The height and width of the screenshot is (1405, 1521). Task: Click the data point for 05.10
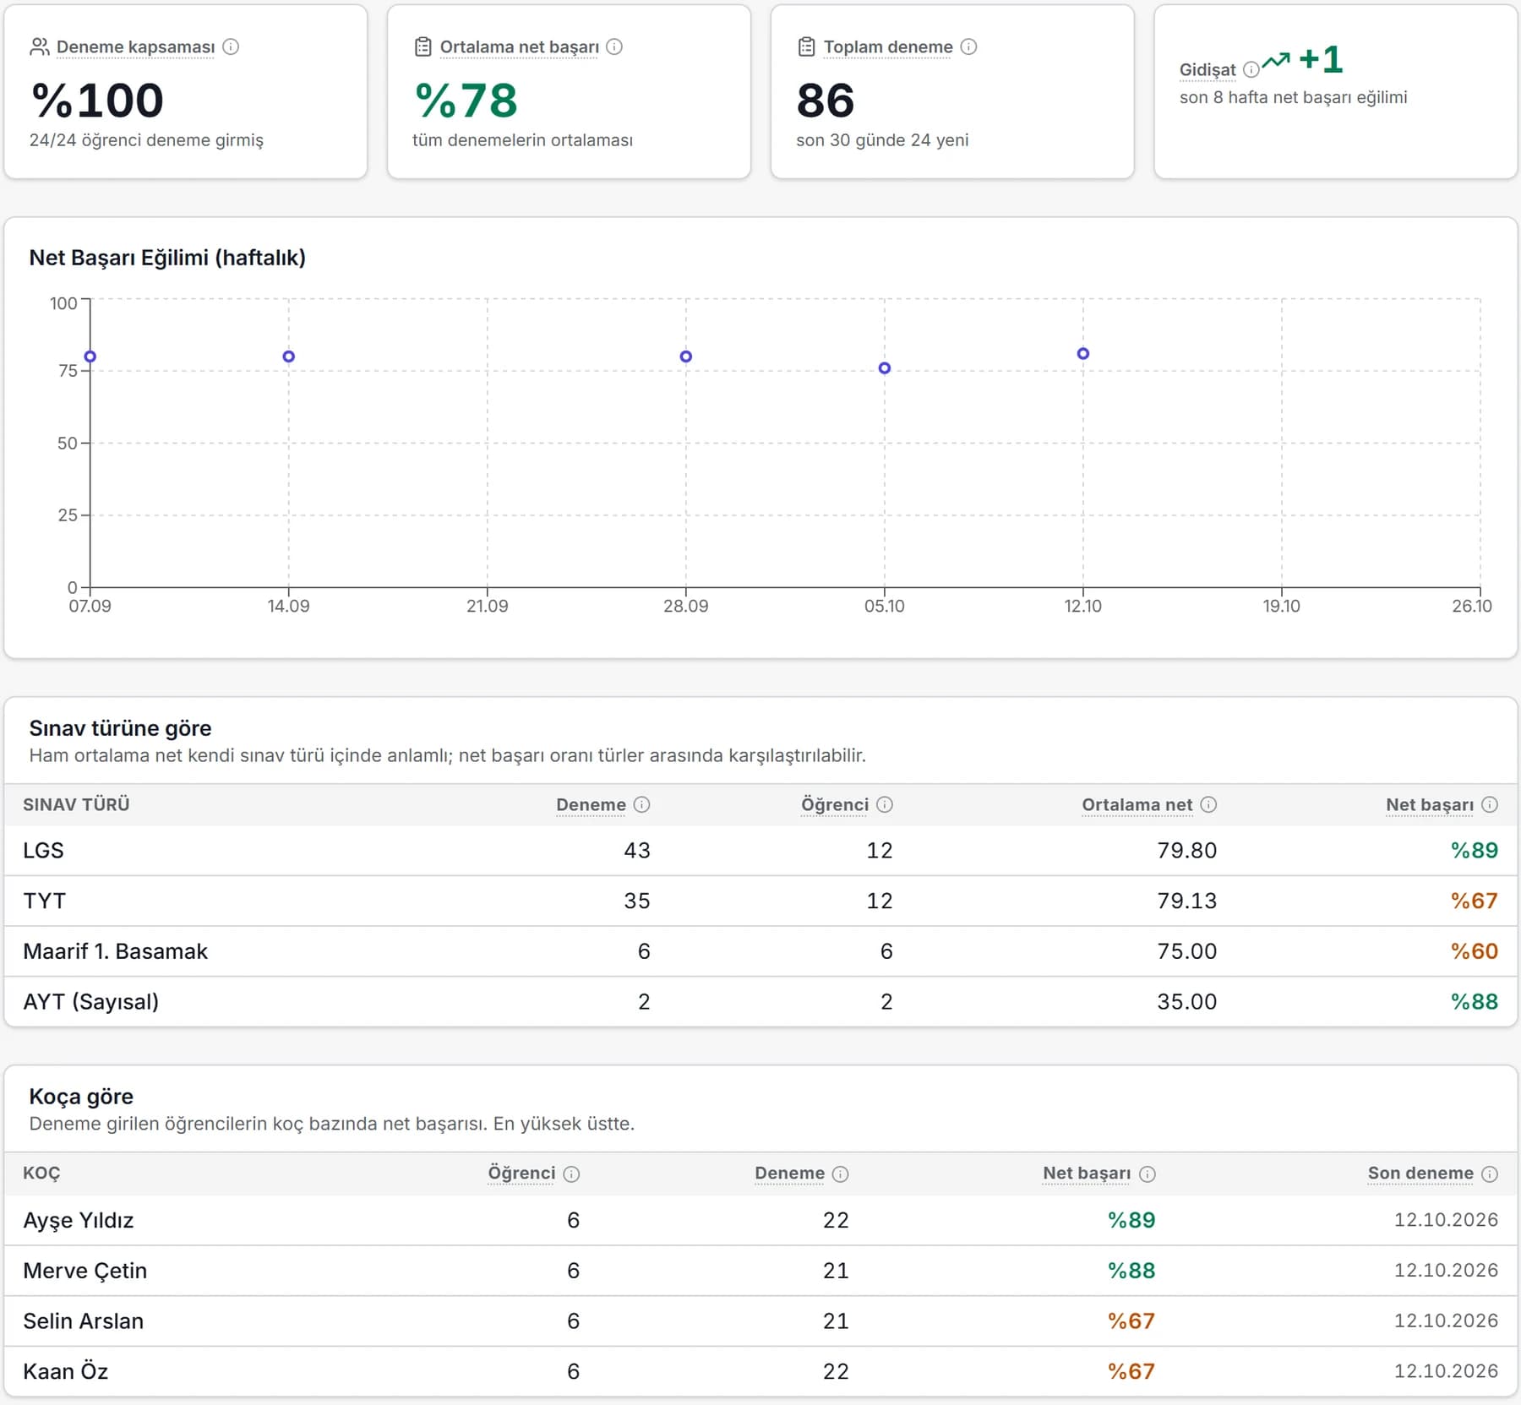885,368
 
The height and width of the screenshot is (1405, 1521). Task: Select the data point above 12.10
1083,354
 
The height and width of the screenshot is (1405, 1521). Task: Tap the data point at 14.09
289,357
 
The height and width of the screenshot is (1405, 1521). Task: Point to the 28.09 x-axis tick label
686,606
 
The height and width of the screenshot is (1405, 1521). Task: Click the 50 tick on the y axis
68,443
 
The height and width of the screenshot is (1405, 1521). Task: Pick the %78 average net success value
466,101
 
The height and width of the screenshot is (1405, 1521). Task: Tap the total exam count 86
826,101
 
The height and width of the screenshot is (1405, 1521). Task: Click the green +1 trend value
1321,59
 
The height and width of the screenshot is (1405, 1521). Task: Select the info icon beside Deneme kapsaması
231,46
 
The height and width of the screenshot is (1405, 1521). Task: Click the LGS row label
43,850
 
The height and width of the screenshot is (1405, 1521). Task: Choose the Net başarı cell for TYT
1474,901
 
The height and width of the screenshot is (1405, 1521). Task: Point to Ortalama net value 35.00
1186,1001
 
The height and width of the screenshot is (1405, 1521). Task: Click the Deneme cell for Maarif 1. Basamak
644,951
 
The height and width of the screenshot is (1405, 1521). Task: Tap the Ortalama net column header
1137,804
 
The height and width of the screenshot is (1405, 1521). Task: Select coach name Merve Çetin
85,1271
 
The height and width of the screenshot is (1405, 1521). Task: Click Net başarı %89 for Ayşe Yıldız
1131,1220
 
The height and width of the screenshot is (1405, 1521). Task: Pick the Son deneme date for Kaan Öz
1446,1371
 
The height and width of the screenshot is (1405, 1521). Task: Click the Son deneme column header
1420,1173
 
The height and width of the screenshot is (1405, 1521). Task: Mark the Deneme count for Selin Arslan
836,1321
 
